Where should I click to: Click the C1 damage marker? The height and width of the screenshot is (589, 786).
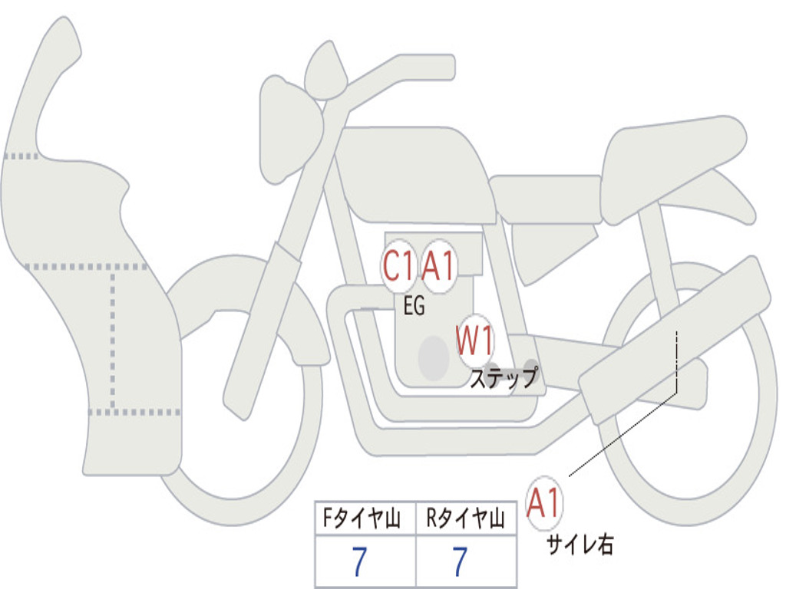tap(400, 268)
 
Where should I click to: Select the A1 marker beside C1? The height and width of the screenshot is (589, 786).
tap(440, 268)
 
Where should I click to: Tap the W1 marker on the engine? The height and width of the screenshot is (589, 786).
tap(475, 341)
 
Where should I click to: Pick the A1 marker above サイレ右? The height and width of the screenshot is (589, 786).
tap(544, 504)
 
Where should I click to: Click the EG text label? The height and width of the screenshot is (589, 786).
tap(414, 306)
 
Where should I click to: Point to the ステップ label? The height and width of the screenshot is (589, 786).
tap(504, 379)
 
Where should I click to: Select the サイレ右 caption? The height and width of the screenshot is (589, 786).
tap(580, 545)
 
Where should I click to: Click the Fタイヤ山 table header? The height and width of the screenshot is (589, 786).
tap(365, 521)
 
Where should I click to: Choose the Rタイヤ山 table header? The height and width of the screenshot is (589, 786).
tap(466, 521)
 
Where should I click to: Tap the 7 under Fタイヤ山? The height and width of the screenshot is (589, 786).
tap(359, 562)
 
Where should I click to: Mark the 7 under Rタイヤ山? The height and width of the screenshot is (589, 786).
tap(460, 562)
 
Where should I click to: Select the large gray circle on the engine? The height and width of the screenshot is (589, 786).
tap(433, 357)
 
